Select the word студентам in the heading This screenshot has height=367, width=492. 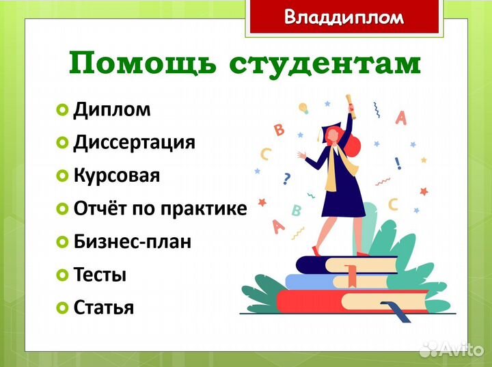coord(325,64)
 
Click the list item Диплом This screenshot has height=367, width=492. coord(111,109)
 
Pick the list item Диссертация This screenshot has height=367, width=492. coord(134,142)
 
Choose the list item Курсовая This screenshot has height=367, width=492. coord(116,176)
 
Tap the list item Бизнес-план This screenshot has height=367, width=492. coord(132,242)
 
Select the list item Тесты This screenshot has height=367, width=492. coord(100,275)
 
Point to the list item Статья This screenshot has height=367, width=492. coord(103,308)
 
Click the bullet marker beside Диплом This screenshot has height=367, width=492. coord(62,110)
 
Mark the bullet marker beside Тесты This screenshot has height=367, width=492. coord(62,275)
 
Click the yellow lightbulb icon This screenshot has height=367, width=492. coord(303,108)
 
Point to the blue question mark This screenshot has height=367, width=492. coord(286,179)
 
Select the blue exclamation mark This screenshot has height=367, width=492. coord(398,163)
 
